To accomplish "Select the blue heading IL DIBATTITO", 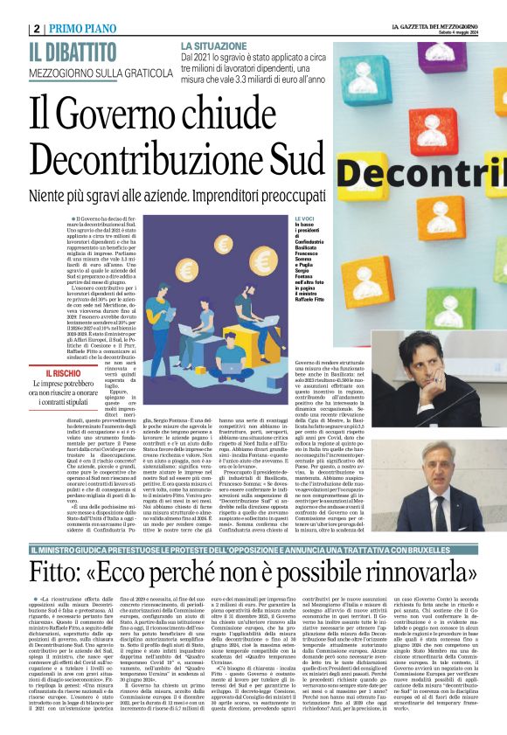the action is click(x=73, y=52).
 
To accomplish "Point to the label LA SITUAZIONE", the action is click(x=212, y=45).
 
